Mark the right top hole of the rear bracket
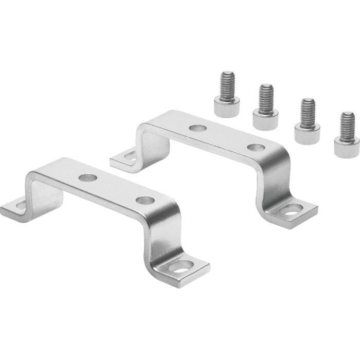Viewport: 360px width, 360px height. click(x=253, y=147)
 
